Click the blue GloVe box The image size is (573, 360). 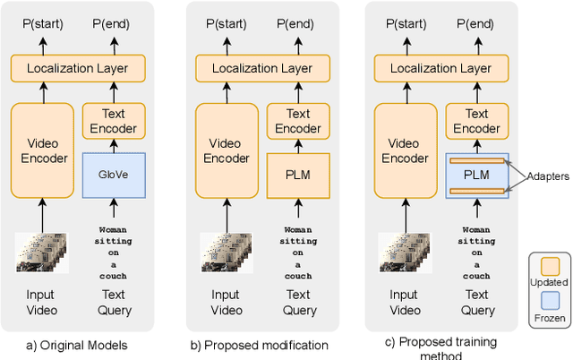tap(114, 176)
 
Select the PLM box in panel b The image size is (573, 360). tap(298, 176)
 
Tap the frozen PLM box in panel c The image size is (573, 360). tap(476, 176)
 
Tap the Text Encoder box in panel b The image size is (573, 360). tap(298, 121)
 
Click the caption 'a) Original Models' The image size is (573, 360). tap(77, 345)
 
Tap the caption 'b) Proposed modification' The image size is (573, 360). tap(259, 345)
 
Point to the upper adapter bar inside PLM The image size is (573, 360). tap(476, 162)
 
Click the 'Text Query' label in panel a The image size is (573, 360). tap(114, 303)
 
